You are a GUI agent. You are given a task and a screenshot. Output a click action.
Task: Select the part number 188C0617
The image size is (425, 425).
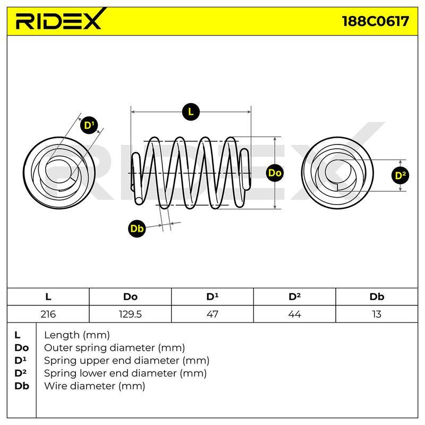pyautogui.click(x=376, y=21)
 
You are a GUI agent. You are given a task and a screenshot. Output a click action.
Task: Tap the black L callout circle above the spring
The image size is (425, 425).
pyautogui.click(x=191, y=112)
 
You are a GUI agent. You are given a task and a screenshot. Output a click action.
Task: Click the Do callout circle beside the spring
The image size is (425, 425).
pyautogui.click(x=275, y=173)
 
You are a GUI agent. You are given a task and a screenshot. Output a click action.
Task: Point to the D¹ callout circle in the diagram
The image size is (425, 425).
pyautogui.click(x=89, y=125)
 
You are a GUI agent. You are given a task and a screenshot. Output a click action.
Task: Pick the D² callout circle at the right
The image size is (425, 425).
pyautogui.click(x=401, y=175)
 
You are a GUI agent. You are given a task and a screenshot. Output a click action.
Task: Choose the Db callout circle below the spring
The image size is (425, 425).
pyautogui.click(x=137, y=228)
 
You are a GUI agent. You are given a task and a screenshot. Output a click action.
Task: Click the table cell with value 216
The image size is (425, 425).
pyautogui.click(x=48, y=314)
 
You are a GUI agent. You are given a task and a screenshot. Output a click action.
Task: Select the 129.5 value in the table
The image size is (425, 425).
pyautogui.click(x=130, y=314)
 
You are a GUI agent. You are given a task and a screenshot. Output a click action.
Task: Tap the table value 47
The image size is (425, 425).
pyautogui.click(x=212, y=314)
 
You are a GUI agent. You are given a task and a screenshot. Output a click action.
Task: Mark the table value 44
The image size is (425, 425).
pyautogui.click(x=295, y=314)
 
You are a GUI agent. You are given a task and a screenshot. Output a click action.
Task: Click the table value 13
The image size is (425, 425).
pyautogui.click(x=377, y=314)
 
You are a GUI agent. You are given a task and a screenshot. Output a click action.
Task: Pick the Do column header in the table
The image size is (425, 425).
pyautogui.click(x=130, y=297)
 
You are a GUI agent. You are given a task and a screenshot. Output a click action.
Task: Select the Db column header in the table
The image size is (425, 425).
pyautogui.click(x=377, y=297)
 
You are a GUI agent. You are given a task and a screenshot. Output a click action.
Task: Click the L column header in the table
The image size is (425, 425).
pyautogui.click(x=48, y=297)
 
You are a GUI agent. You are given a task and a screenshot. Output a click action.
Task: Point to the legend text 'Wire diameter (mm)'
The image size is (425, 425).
pyautogui.click(x=95, y=386)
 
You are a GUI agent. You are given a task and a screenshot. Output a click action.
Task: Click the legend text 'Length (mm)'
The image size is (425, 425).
pyautogui.click(x=77, y=335)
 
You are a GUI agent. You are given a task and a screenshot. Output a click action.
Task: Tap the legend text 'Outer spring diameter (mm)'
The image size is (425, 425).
pyautogui.click(x=114, y=348)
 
